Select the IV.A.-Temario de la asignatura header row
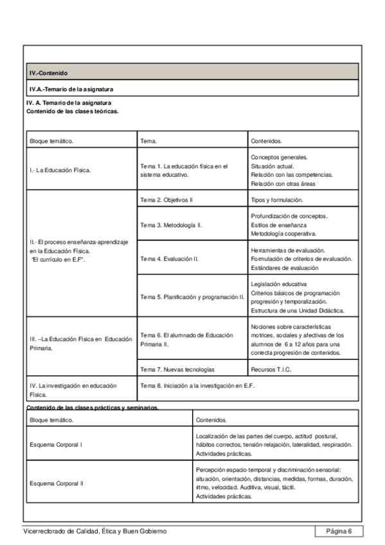71,89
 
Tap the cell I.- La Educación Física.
60,170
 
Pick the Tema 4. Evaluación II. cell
169,259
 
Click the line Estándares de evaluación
284,267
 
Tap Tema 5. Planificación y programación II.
192,296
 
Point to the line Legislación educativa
279,283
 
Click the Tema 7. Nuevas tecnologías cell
177,370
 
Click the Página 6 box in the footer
339,530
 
